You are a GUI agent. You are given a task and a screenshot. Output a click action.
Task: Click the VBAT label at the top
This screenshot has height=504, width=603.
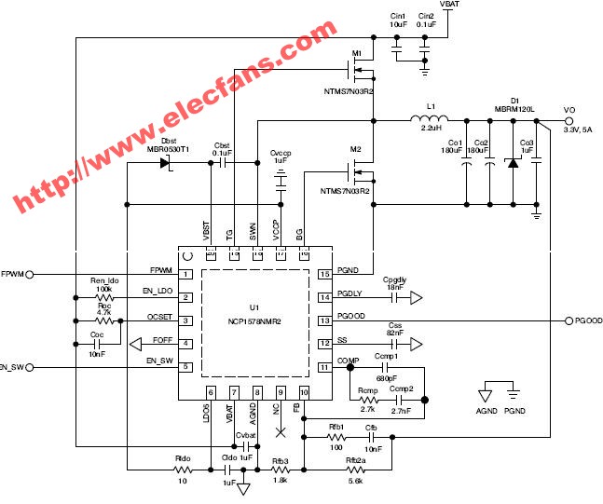449,5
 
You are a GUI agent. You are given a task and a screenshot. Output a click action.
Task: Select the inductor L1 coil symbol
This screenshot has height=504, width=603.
430,118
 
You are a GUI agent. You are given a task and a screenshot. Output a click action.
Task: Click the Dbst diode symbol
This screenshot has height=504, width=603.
166,163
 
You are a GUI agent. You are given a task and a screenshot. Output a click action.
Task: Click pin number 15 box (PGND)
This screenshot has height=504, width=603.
324,275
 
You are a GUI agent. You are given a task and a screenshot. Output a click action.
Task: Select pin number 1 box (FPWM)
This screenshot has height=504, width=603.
186,275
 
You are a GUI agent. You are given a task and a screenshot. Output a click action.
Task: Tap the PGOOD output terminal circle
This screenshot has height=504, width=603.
570,320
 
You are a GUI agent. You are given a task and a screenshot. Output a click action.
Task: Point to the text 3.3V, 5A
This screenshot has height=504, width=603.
578,129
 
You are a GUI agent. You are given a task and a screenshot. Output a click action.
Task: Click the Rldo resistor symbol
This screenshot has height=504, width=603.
183,471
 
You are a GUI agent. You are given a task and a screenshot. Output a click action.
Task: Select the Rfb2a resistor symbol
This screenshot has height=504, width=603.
354,471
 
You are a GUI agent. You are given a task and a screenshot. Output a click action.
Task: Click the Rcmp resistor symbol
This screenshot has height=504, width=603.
366,400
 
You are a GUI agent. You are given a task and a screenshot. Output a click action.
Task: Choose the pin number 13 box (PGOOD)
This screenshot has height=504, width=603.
324,320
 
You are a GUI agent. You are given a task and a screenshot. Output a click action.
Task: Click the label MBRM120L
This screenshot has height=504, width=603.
514,109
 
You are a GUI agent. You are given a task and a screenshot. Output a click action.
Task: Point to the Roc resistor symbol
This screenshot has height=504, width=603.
105,320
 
